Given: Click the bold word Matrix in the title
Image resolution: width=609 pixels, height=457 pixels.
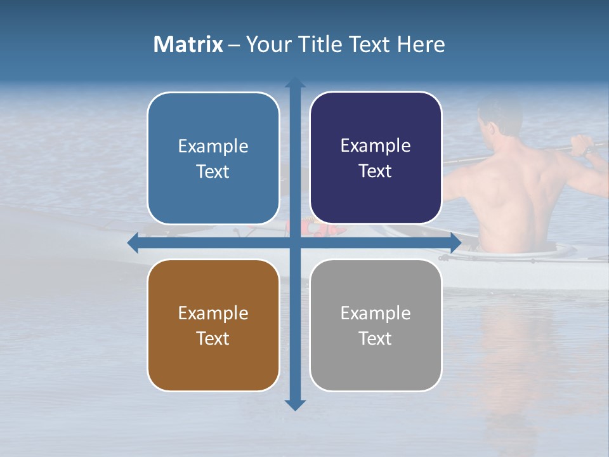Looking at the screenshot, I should (188, 44).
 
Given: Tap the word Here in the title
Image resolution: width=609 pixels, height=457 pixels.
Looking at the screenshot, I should (421, 44).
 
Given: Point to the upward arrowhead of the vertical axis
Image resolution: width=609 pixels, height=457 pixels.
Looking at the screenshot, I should (295, 83).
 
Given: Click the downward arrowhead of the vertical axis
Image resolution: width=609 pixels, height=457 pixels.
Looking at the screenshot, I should (295, 404).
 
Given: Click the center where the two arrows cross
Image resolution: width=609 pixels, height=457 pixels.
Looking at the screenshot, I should (295, 243).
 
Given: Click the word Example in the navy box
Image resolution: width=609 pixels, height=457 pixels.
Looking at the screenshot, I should (376, 146).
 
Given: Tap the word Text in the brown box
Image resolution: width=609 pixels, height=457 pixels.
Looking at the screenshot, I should (213, 338).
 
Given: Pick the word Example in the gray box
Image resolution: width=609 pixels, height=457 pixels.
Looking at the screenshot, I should (376, 313).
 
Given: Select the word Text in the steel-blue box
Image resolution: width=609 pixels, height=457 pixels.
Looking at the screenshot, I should (213, 171).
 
